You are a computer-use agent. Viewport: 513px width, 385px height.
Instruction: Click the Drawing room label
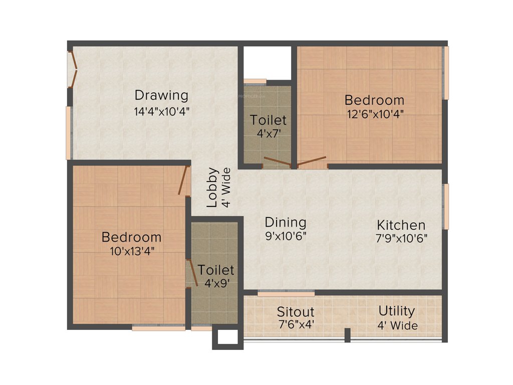point(161,95)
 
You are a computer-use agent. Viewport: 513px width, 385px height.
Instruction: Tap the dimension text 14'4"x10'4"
point(161,111)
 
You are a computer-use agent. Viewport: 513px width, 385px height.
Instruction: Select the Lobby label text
point(212,187)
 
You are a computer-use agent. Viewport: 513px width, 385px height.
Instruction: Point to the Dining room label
point(286,222)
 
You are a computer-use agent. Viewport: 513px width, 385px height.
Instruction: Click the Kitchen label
point(401,225)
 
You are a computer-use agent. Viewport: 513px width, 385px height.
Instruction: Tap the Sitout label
point(296,312)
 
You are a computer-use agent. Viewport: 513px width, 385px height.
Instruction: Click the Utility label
point(397,311)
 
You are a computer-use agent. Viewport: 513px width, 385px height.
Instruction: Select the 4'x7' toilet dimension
point(269,134)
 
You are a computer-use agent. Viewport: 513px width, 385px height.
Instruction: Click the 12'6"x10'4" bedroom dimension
point(375,113)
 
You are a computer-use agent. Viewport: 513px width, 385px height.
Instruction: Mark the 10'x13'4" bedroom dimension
point(132,251)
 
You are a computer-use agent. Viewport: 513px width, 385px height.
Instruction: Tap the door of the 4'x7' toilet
point(277,161)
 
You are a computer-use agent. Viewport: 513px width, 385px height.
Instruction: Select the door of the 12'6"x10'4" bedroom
point(312,161)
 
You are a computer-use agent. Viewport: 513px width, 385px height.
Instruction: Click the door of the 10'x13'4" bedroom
point(183,179)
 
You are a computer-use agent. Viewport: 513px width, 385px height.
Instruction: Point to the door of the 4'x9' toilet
point(189,273)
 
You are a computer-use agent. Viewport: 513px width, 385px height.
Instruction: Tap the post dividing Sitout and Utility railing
point(347,334)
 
